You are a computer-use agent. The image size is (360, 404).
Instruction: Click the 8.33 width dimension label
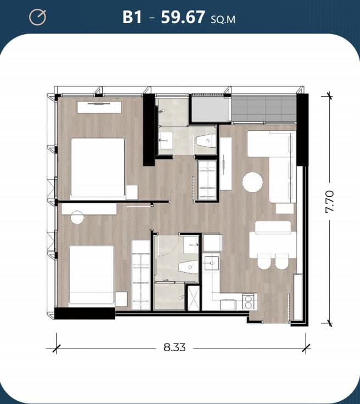(174, 347)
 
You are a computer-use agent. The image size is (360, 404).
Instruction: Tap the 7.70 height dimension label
(330, 202)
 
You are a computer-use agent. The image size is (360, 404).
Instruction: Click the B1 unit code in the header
(132, 17)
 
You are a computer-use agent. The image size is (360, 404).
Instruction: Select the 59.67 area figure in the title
(183, 17)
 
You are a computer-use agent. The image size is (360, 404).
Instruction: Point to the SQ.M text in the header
(223, 20)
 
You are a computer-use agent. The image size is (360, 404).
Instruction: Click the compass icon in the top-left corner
(37, 17)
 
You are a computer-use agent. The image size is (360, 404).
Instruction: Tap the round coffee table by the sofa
(252, 182)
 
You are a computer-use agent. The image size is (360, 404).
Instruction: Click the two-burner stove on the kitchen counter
(248, 302)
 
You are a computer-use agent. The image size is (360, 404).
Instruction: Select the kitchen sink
(212, 263)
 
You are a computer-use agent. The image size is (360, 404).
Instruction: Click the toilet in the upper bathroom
(206, 141)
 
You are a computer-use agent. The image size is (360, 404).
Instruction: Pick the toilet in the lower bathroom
(188, 267)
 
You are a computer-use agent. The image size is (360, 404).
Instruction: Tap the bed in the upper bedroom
(98, 169)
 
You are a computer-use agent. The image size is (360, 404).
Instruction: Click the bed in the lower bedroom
(91, 275)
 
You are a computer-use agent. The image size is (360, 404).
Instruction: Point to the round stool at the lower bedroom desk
(77, 217)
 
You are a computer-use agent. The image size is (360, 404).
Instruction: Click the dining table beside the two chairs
(273, 245)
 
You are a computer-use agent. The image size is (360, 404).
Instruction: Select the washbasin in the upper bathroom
(165, 141)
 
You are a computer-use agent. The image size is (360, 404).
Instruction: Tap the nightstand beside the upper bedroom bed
(132, 192)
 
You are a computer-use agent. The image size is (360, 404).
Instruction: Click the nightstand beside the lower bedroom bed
(121, 299)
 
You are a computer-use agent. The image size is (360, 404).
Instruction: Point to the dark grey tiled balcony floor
(264, 109)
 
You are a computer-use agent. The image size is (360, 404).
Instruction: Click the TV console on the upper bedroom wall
(99, 107)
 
